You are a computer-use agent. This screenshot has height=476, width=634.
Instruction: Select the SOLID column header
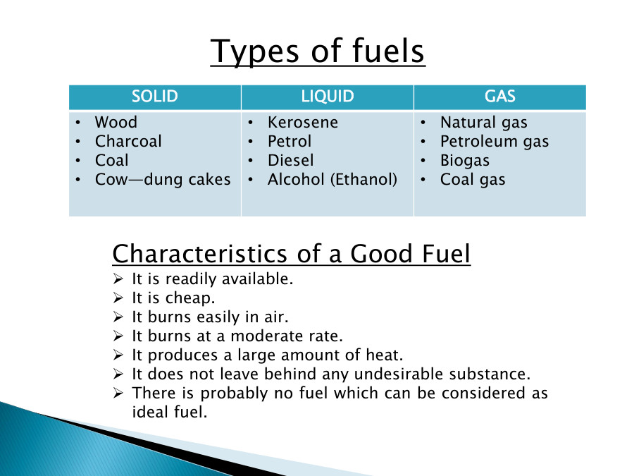(x=155, y=97)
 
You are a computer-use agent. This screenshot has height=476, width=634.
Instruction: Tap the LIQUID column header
(x=328, y=97)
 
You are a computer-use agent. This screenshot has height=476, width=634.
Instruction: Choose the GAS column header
(x=499, y=97)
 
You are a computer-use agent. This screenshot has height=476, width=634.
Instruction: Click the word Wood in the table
(x=116, y=123)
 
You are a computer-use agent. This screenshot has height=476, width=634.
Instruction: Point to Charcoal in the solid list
(x=128, y=142)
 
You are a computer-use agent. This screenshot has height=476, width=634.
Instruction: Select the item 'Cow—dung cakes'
(x=163, y=180)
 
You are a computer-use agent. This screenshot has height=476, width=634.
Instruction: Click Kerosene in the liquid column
(x=303, y=123)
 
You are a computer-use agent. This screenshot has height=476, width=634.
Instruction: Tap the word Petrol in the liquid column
(x=289, y=142)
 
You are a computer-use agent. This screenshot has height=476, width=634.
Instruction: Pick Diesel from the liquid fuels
(x=290, y=161)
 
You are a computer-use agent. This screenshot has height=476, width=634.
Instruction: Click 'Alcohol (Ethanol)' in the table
(x=332, y=180)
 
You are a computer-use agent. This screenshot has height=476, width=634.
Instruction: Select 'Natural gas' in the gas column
(x=483, y=123)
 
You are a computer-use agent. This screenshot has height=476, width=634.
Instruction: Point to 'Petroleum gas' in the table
(x=495, y=142)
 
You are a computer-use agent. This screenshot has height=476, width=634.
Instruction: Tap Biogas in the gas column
(x=464, y=161)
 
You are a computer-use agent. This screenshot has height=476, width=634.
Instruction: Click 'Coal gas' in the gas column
(x=473, y=180)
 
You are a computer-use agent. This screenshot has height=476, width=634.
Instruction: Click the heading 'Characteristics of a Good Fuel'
(x=291, y=253)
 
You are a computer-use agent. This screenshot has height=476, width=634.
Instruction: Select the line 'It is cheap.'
(x=173, y=298)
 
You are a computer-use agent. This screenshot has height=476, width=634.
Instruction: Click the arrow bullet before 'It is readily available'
(x=118, y=279)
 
